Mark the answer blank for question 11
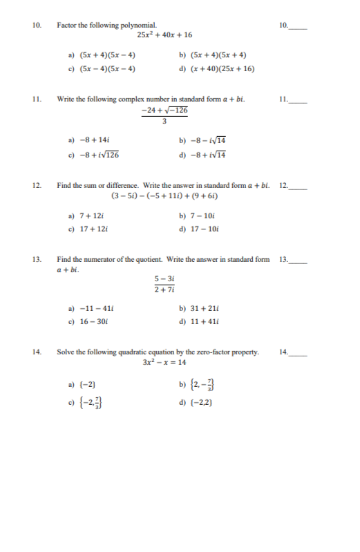(x=299, y=100)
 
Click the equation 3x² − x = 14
(x=164, y=362)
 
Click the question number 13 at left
(x=37, y=260)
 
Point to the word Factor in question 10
(x=68, y=26)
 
